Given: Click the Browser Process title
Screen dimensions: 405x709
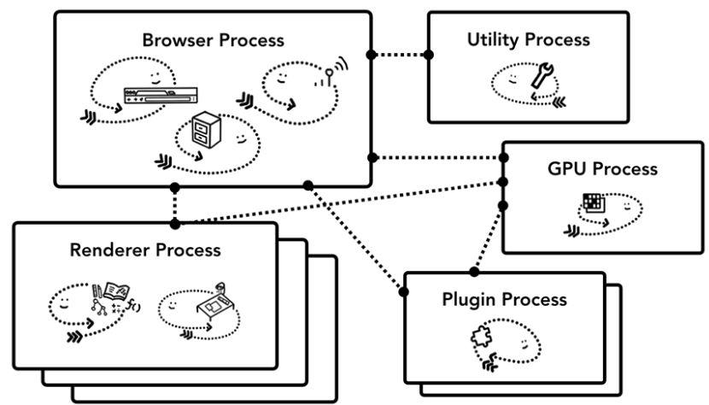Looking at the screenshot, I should (214, 41).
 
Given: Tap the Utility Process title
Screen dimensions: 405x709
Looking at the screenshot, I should (528, 39).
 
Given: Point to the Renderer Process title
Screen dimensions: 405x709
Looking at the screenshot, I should (145, 250).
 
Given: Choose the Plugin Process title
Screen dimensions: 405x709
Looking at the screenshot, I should (504, 300).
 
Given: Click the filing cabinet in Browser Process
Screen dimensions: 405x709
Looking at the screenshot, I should (207, 131).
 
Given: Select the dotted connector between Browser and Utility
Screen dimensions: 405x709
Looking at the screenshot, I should (400, 55).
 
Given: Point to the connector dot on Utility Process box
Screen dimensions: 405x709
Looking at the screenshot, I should (429, 55).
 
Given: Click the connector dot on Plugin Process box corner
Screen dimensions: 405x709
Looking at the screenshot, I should (403, 291).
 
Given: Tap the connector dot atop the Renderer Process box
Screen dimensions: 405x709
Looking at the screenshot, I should (175, 224).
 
